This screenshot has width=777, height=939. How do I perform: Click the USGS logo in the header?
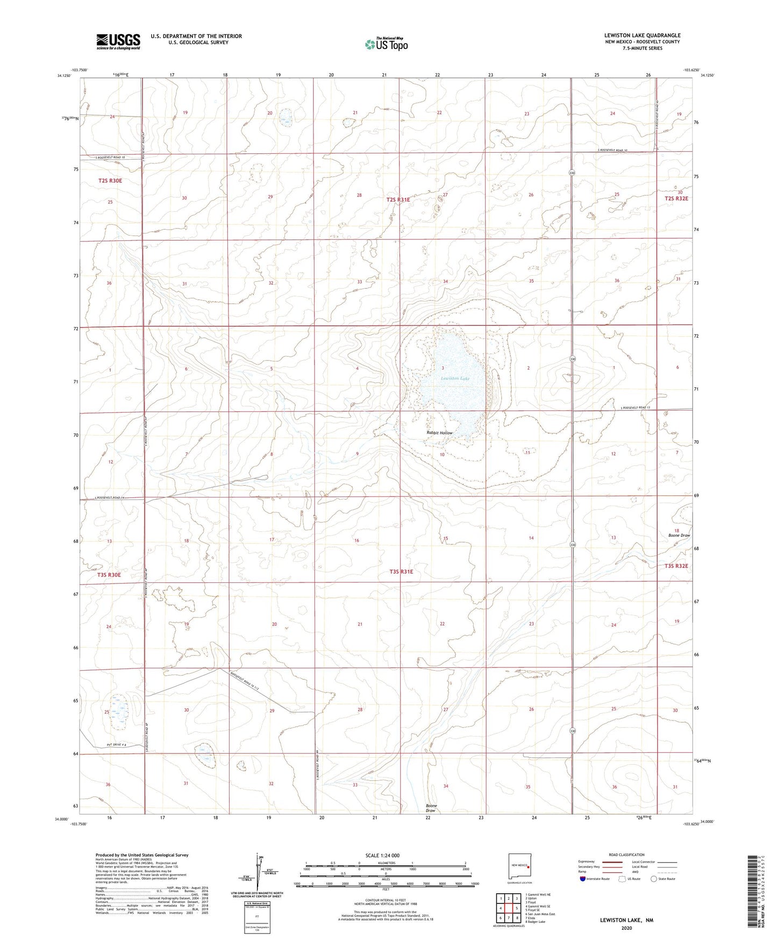[118, 41]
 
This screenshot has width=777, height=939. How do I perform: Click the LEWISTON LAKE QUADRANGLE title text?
[642, 35]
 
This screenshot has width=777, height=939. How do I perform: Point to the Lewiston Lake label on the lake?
[455, 379]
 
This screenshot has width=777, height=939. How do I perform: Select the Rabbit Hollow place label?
[439, 433]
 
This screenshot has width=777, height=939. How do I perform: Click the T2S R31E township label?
[398, 200]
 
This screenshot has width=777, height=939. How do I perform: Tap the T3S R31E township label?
[401, 572]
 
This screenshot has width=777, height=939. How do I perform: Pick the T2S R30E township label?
[110, 181]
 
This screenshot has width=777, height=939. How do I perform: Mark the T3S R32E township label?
[676, 566]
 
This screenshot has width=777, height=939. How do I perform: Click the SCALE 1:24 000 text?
[382, 855]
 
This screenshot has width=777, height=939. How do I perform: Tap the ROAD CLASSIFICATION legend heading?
[626, 855]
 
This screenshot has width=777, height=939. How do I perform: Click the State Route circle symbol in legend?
[654, 879]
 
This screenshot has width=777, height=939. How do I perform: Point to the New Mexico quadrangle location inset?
[521, 866]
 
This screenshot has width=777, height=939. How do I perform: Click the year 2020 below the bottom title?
[626, 928]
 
